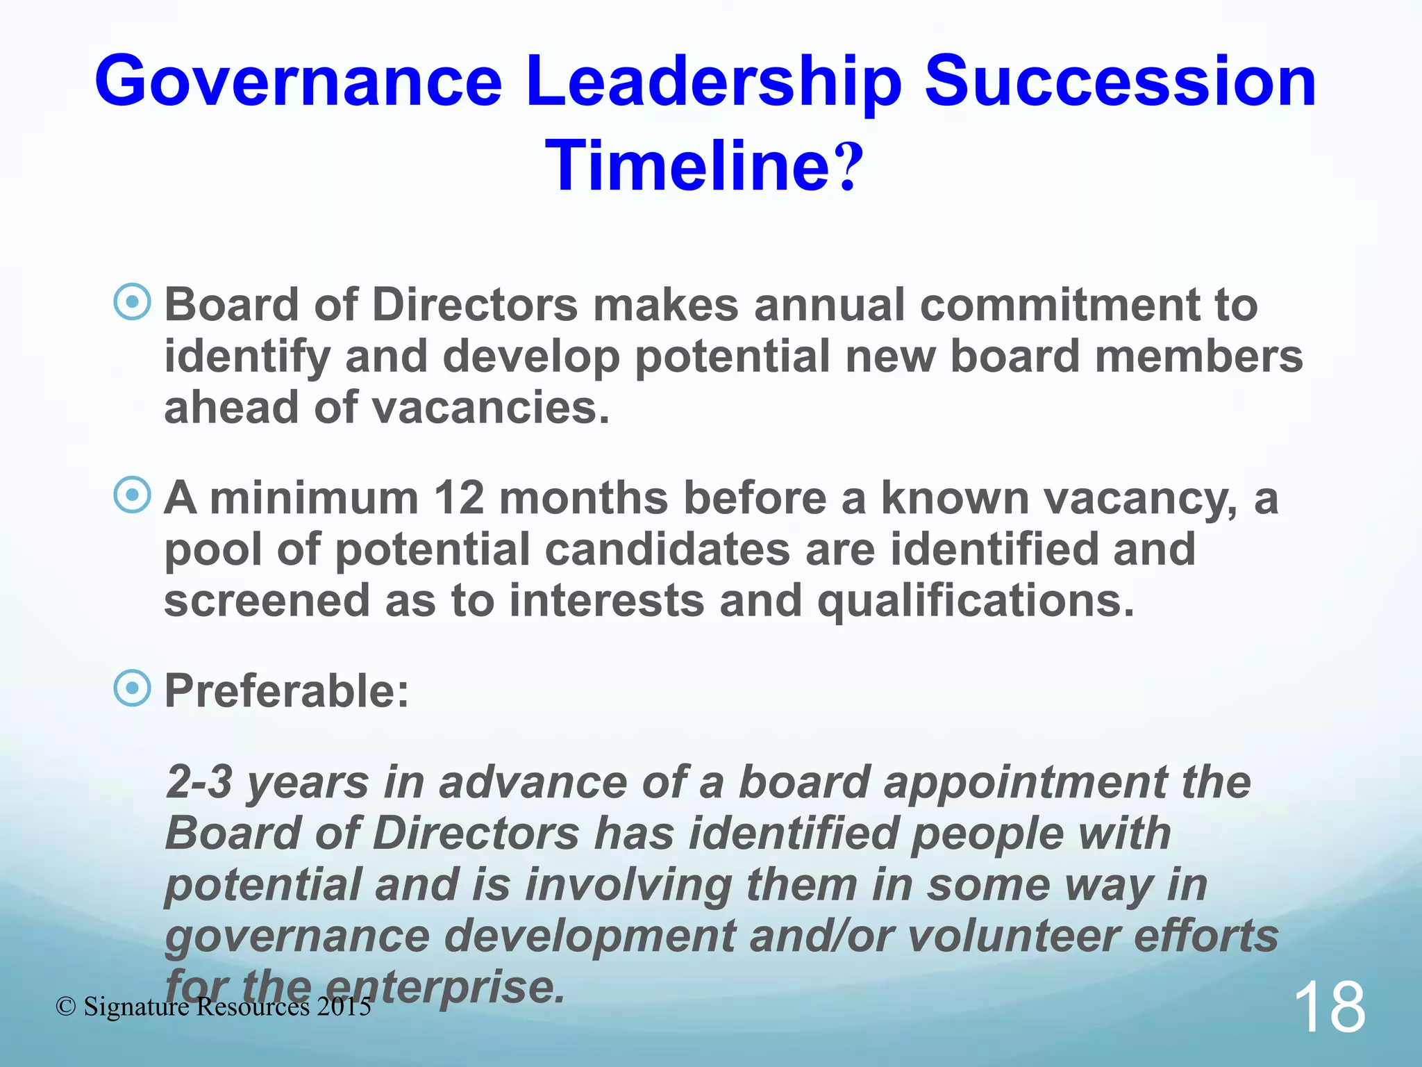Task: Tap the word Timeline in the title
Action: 687,167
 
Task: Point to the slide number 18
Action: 1329,1008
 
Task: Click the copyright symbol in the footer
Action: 66,1007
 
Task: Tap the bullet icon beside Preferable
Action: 132,688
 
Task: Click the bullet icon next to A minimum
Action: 132,495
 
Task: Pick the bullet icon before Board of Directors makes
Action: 132,302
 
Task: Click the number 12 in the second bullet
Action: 458,498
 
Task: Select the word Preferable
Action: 286,692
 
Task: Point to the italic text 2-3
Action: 199,782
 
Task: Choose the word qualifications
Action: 976,601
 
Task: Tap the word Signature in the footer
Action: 136,1007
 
